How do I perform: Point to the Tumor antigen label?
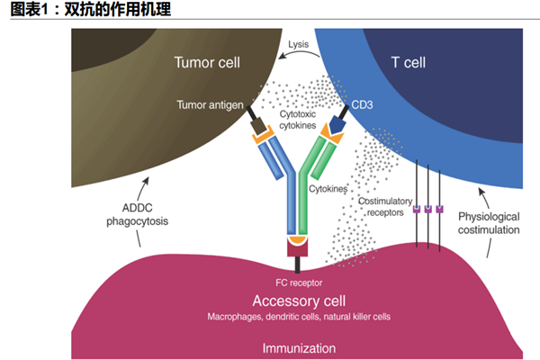pos(210,104)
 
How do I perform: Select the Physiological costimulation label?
pos(489,223)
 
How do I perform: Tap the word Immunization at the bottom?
pos(299,347)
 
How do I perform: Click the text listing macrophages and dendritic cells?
pos(299,318)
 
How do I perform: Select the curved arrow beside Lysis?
pos(301,56)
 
